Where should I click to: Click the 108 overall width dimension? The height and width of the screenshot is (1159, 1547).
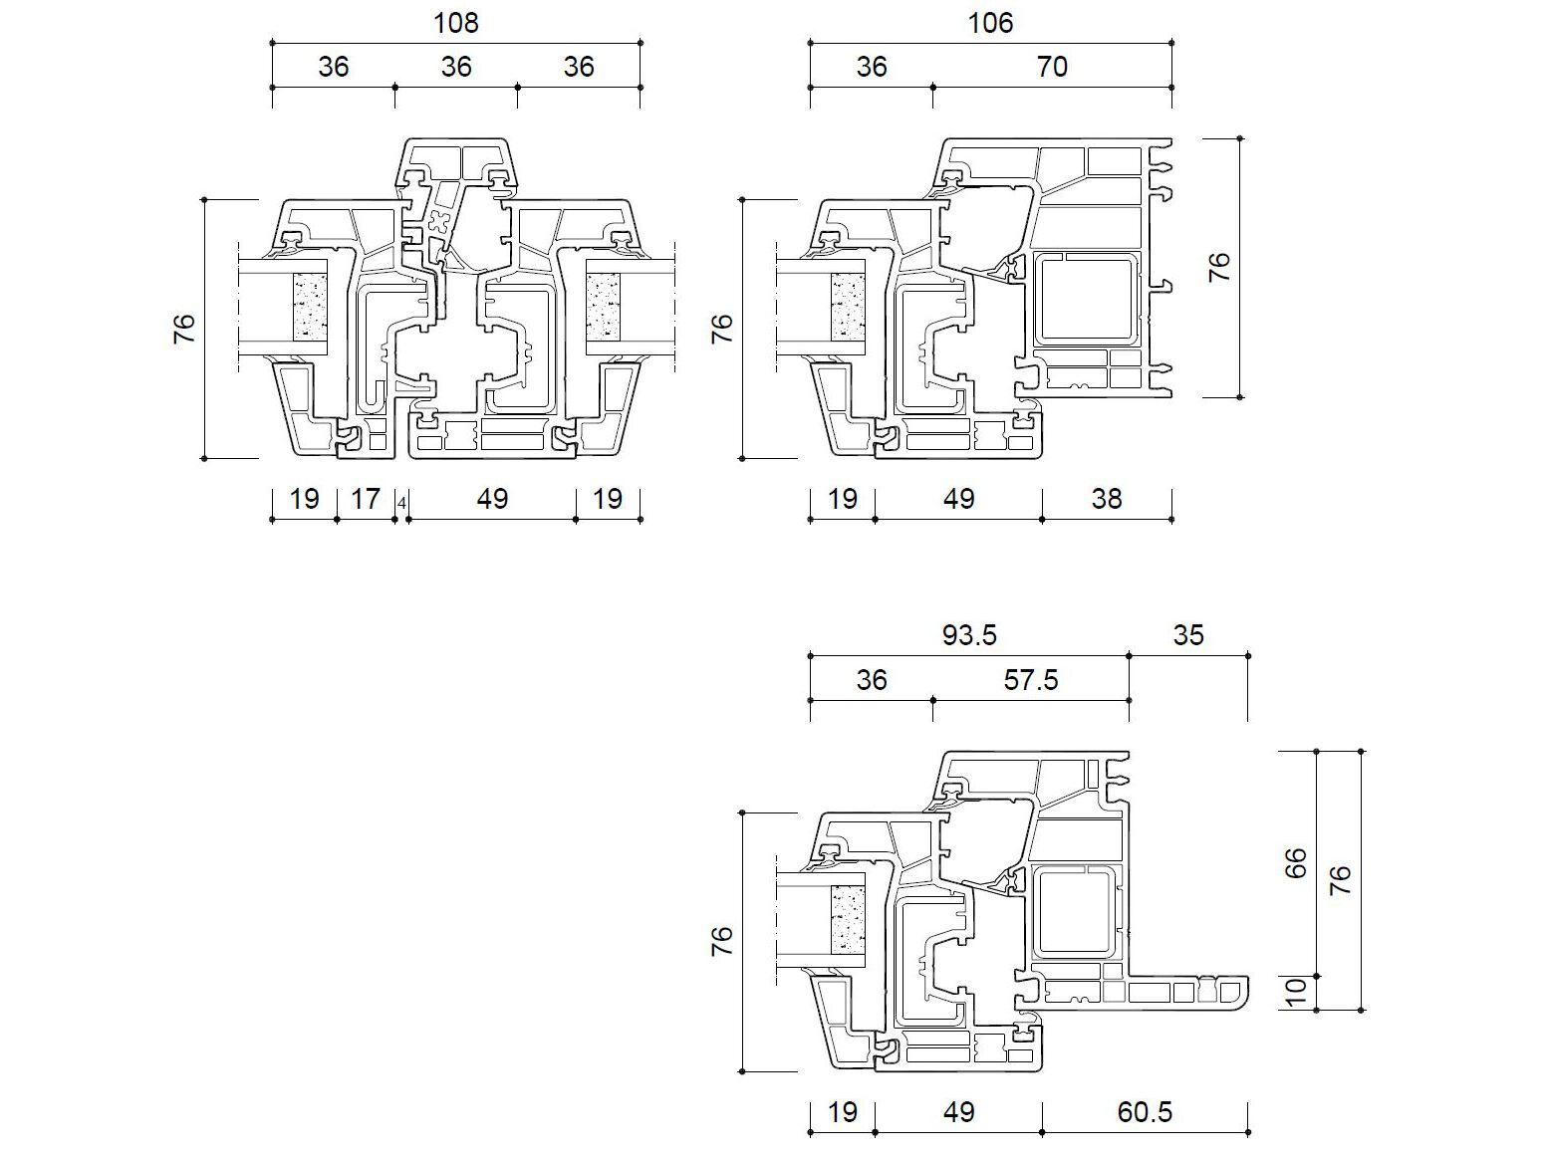[x=456, y=23]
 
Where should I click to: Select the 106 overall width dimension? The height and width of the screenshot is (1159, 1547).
[x=990, y=23]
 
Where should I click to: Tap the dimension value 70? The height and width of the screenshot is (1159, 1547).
[x=1052, y=67]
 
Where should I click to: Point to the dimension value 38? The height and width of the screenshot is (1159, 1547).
[x=1107, y=499]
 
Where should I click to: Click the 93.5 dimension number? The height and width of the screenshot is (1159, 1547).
[x=969, y=635]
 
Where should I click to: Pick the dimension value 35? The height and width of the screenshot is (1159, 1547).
[x=1188, y=635]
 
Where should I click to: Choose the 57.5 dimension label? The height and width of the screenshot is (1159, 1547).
[x=1030, y=679]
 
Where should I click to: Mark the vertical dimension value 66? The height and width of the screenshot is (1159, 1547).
[x=1296, y=863]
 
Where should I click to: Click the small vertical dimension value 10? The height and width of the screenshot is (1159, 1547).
[x=1296, y=992]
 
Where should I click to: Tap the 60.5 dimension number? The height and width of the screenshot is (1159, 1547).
[x=1145, y=1112]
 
